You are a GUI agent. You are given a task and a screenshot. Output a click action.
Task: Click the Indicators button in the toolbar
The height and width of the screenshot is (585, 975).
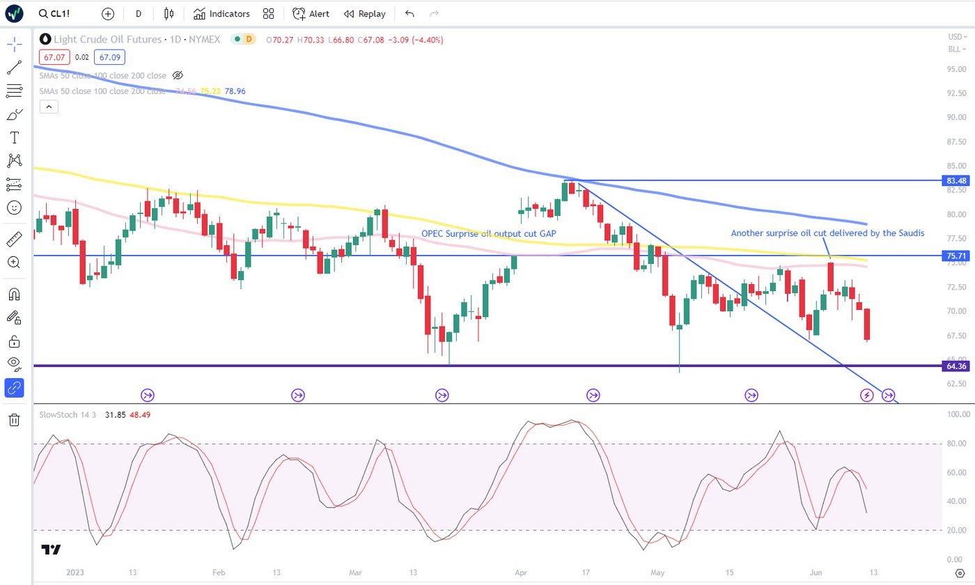tap(221, 14)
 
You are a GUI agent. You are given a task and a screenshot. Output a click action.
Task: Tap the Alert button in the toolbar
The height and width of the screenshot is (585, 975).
tap(311, 14)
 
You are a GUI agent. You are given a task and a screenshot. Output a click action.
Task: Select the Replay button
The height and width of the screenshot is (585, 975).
tap(364, 14)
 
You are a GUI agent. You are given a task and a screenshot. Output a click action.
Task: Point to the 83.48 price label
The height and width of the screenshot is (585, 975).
tap(953, 180)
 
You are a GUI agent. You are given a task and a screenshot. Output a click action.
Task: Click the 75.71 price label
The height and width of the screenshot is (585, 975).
tap(953, 256)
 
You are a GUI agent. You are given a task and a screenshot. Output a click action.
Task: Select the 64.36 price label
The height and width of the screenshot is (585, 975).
tap(953, 366)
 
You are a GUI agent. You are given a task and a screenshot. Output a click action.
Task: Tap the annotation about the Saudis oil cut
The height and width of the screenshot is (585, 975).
tap(827, 233)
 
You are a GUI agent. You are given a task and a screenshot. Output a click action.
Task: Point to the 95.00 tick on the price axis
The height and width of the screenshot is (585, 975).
tap(955, 70)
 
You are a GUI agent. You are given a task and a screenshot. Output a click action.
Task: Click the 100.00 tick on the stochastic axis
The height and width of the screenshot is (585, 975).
tap(955, 414)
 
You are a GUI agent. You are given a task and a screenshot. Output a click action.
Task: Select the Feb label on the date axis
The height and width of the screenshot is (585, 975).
tap(219, 572)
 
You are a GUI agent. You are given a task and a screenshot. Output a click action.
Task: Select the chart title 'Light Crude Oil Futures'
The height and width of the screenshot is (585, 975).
tap(102, 40)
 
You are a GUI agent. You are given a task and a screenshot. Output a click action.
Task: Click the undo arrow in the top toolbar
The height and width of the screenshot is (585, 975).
tap(409, 14)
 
